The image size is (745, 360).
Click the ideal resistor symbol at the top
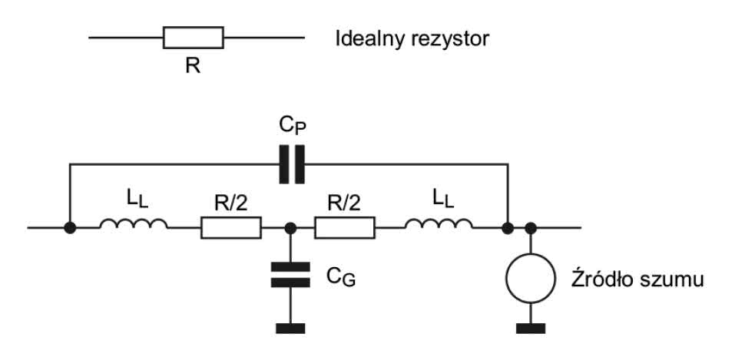(194, 37)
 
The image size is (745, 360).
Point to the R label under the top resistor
(193, 65)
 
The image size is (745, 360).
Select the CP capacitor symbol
(291, 163)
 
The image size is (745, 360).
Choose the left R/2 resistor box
(231, 228)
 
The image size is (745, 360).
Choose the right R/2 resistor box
(345, 228)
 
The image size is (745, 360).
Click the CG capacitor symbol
(290, 276)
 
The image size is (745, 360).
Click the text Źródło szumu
(640, 279)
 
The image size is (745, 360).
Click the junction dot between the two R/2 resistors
(290, 228)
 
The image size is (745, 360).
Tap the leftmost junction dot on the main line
(70, 228)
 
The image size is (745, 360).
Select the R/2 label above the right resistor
(344, 203)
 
